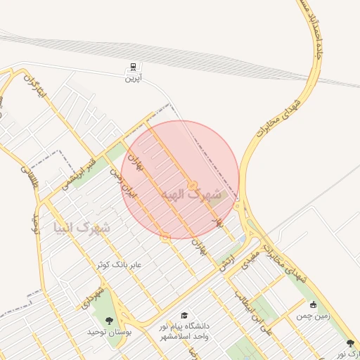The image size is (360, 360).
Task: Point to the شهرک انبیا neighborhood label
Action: (x=82, y=228)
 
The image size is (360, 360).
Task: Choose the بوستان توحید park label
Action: (x=110, y=330)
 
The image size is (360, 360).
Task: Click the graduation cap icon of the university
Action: (x=184, y=316)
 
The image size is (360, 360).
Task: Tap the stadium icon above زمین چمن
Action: (x=314, y=305)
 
